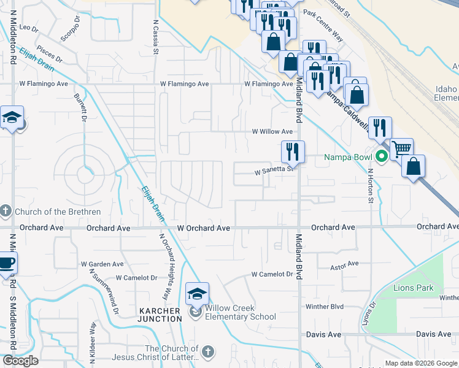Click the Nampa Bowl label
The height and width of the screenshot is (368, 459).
coord(349,157)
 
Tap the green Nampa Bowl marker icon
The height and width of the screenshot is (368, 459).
coord(381,157)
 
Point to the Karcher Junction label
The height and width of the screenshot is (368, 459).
coord(160,315)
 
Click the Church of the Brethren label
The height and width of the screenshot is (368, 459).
coord(58,212)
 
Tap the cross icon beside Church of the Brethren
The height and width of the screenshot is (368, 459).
coord(6,212)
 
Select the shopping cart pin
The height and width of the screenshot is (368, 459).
coord(401,148)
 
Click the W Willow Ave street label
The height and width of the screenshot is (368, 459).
coord(273,132)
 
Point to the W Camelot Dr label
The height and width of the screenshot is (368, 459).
coord(272,274)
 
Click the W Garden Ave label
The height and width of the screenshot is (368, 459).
coord(102,264)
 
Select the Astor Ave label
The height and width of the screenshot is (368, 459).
coord(344,264)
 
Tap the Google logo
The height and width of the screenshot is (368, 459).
coord(21,360)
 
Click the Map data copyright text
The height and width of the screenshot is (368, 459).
coord(421,363)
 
